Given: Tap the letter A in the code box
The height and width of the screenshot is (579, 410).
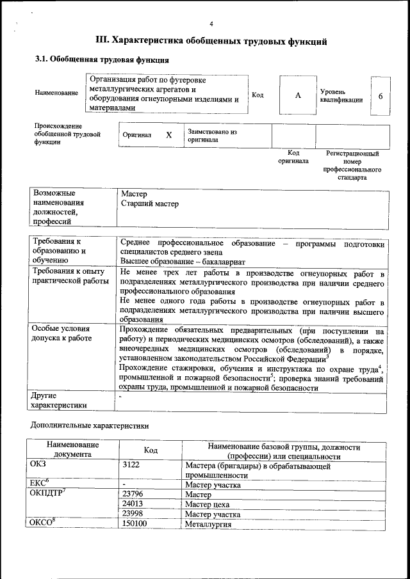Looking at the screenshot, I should (x=297, y=95).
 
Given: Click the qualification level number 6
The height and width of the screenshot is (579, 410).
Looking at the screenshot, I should (x=381, y=96).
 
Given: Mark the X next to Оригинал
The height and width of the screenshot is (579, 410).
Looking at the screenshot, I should (x=169, y=136).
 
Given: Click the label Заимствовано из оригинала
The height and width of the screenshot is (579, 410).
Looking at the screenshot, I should (x=212, y=136).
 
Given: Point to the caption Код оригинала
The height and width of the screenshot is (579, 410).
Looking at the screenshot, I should (x=293, y=157).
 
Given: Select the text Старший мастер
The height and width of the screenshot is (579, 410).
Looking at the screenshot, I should (x=150, y=204).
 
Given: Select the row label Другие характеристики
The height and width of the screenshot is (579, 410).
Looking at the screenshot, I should (x=59, y=401).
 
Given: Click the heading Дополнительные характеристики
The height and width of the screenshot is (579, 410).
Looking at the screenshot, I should (x=90, y=425).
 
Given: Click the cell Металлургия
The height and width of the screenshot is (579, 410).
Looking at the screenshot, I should (x=208, y=524).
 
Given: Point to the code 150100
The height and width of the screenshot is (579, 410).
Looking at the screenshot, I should (x=135, y=524).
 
